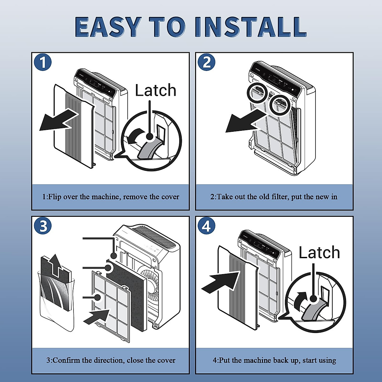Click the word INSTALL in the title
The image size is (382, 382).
point(251,27)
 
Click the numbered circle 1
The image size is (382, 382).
point(43,62)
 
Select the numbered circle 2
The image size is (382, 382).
point(207,62)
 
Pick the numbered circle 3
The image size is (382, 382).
point(43,226)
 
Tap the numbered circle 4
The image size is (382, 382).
point(207,226)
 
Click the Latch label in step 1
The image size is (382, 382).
point(155,90)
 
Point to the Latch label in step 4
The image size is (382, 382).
point(319,252)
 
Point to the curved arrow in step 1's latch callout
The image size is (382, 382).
point(135,136)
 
